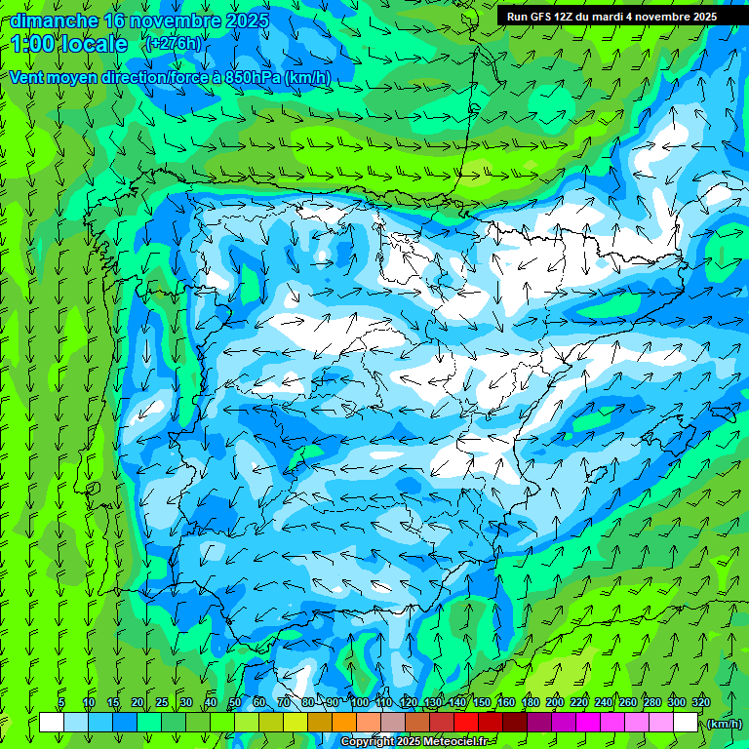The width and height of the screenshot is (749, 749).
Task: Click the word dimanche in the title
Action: pos(54,20)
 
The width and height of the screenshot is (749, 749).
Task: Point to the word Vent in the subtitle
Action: pos(28,77)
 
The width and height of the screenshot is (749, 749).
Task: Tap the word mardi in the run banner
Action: pos(603,17)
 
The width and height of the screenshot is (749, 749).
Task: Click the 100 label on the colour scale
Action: pos(359,702)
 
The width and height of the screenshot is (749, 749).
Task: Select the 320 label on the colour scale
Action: pos(700,702)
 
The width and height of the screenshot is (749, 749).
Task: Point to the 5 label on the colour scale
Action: pos(61,702)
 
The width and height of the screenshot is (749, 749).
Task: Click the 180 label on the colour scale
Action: pos(530,702)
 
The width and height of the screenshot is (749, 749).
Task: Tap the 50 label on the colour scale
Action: pos(235,702)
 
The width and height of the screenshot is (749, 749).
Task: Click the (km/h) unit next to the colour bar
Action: pos(723,723)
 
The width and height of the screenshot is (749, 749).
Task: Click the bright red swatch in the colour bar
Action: pos(466,723)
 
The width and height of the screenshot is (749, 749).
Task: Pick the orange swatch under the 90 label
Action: pos(344,723)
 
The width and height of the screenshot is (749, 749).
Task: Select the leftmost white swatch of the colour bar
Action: pos(52,723)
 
